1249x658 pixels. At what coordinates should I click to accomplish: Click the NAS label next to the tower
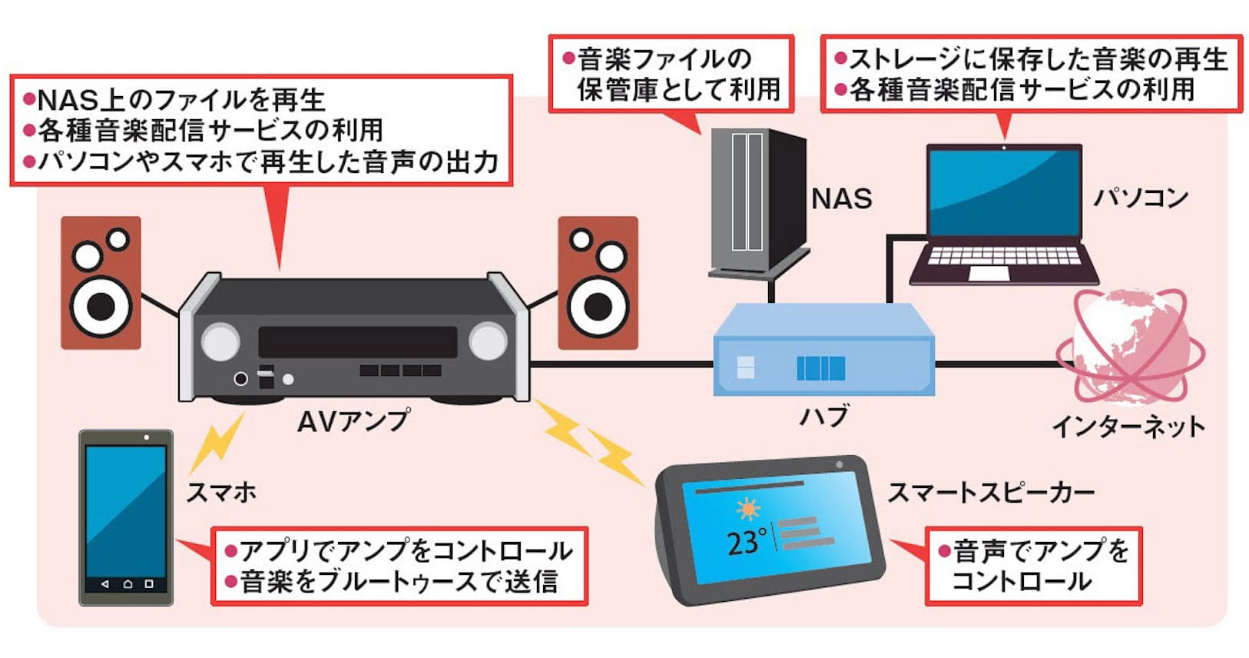click(841, 199)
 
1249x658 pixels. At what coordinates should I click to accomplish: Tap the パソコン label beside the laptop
click(1141, 198)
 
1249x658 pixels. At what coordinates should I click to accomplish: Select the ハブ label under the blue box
click(824, 417)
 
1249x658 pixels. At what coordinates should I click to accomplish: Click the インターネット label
click(1128, 426)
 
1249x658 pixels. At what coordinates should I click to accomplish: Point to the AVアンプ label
click(353, 420)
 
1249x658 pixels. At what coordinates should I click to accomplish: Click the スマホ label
click(221, 492)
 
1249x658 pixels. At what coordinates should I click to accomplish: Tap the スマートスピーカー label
click(991, 492)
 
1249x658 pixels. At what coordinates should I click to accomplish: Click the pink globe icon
click(1129, 346)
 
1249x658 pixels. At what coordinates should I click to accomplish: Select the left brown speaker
click(101, 283)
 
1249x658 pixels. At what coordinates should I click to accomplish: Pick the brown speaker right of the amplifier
click(598, 283)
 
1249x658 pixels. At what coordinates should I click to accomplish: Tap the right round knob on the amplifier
click(488, 341)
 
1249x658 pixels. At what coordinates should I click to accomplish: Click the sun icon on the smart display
click(747, 509)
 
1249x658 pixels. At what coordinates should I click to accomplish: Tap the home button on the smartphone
click(128, 584)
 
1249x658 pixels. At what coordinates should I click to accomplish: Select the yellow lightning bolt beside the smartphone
click(217, 444)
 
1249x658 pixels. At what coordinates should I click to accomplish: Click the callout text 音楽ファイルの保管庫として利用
click(671, 74)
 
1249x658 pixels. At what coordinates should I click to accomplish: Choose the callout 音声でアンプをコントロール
click(1033, 566)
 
